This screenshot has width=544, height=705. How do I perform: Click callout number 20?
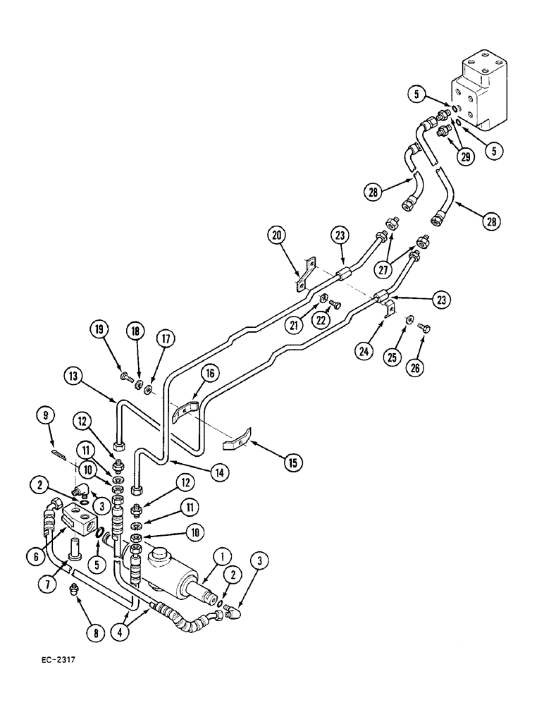pos(276,234)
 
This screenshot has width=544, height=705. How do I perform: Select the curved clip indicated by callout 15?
pos(235,443)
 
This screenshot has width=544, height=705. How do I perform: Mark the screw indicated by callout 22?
pos(337,305)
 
